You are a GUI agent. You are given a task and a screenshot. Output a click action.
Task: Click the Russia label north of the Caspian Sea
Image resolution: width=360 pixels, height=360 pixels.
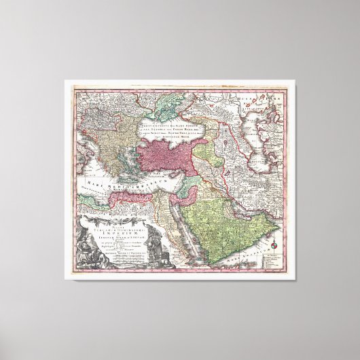[264, 99]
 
